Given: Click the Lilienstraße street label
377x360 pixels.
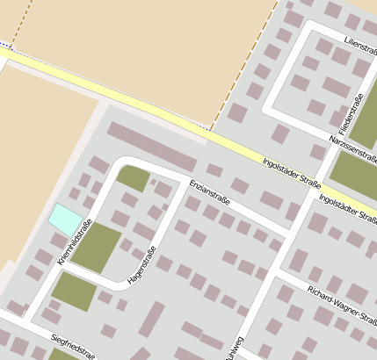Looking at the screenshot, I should (x=360, y=41).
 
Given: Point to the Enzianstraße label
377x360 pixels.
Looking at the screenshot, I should (x=210, y=190).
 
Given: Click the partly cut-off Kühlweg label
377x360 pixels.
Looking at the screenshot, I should (x=234, y=348).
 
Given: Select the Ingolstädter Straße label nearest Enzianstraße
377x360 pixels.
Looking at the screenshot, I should (x=291, y=169).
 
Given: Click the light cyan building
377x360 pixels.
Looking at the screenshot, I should (x=65, y=219).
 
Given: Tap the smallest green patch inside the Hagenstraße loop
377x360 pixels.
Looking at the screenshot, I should (x=134, y=179).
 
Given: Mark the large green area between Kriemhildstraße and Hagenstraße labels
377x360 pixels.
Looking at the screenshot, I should (x=96, y=247).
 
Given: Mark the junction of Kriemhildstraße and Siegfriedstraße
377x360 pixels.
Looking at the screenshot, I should (x=29, y=320).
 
